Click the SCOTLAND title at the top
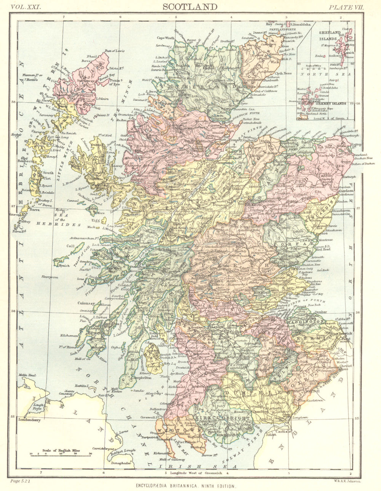(x=190, y=7)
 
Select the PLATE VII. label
(x=347, y=7)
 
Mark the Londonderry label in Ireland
(x=29, y=420)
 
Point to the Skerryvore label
(x=51, y=277)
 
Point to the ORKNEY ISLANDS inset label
(x=332, y=103)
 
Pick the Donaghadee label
(x=122, y=463)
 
